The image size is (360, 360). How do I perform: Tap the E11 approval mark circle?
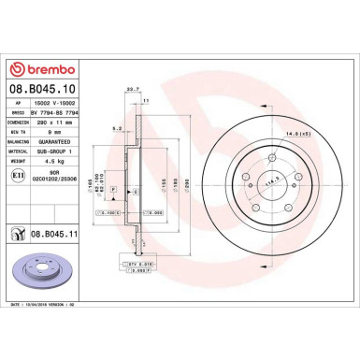pos(19,176)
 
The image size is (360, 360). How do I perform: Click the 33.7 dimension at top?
pos(132,89)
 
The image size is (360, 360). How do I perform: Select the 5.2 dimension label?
pos(114,127)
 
